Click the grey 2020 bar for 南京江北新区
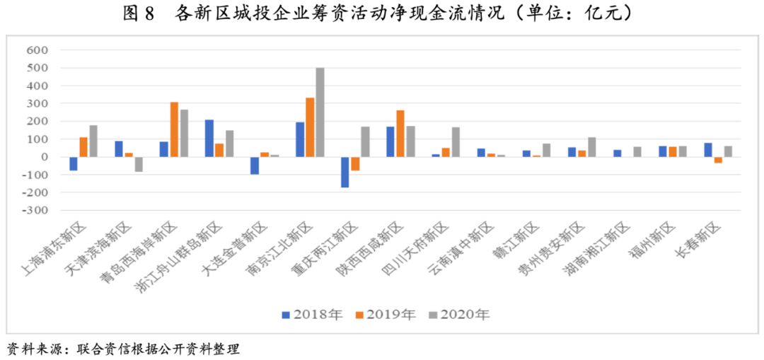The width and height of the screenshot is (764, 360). click(x=320, y=112)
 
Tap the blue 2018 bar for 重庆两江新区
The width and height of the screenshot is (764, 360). click(x=345, y=172)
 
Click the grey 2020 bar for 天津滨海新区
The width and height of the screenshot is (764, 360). click(x=139, y=164)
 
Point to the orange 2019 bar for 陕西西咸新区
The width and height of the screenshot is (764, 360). click(x=400, y=134)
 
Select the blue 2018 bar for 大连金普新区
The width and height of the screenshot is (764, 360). click(x=255, y=165)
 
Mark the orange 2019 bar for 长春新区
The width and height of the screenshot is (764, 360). click(x=718, y=160)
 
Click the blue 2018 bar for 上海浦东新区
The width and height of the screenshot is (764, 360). click(x=74, y=163)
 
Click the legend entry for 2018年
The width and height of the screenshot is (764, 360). click(x=312, y=315)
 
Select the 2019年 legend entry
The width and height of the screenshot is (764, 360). click(x=385, y=315)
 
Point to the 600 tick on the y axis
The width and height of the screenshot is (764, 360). click(x=36, y=50)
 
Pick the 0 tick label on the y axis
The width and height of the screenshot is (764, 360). click(x=43, y=157)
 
